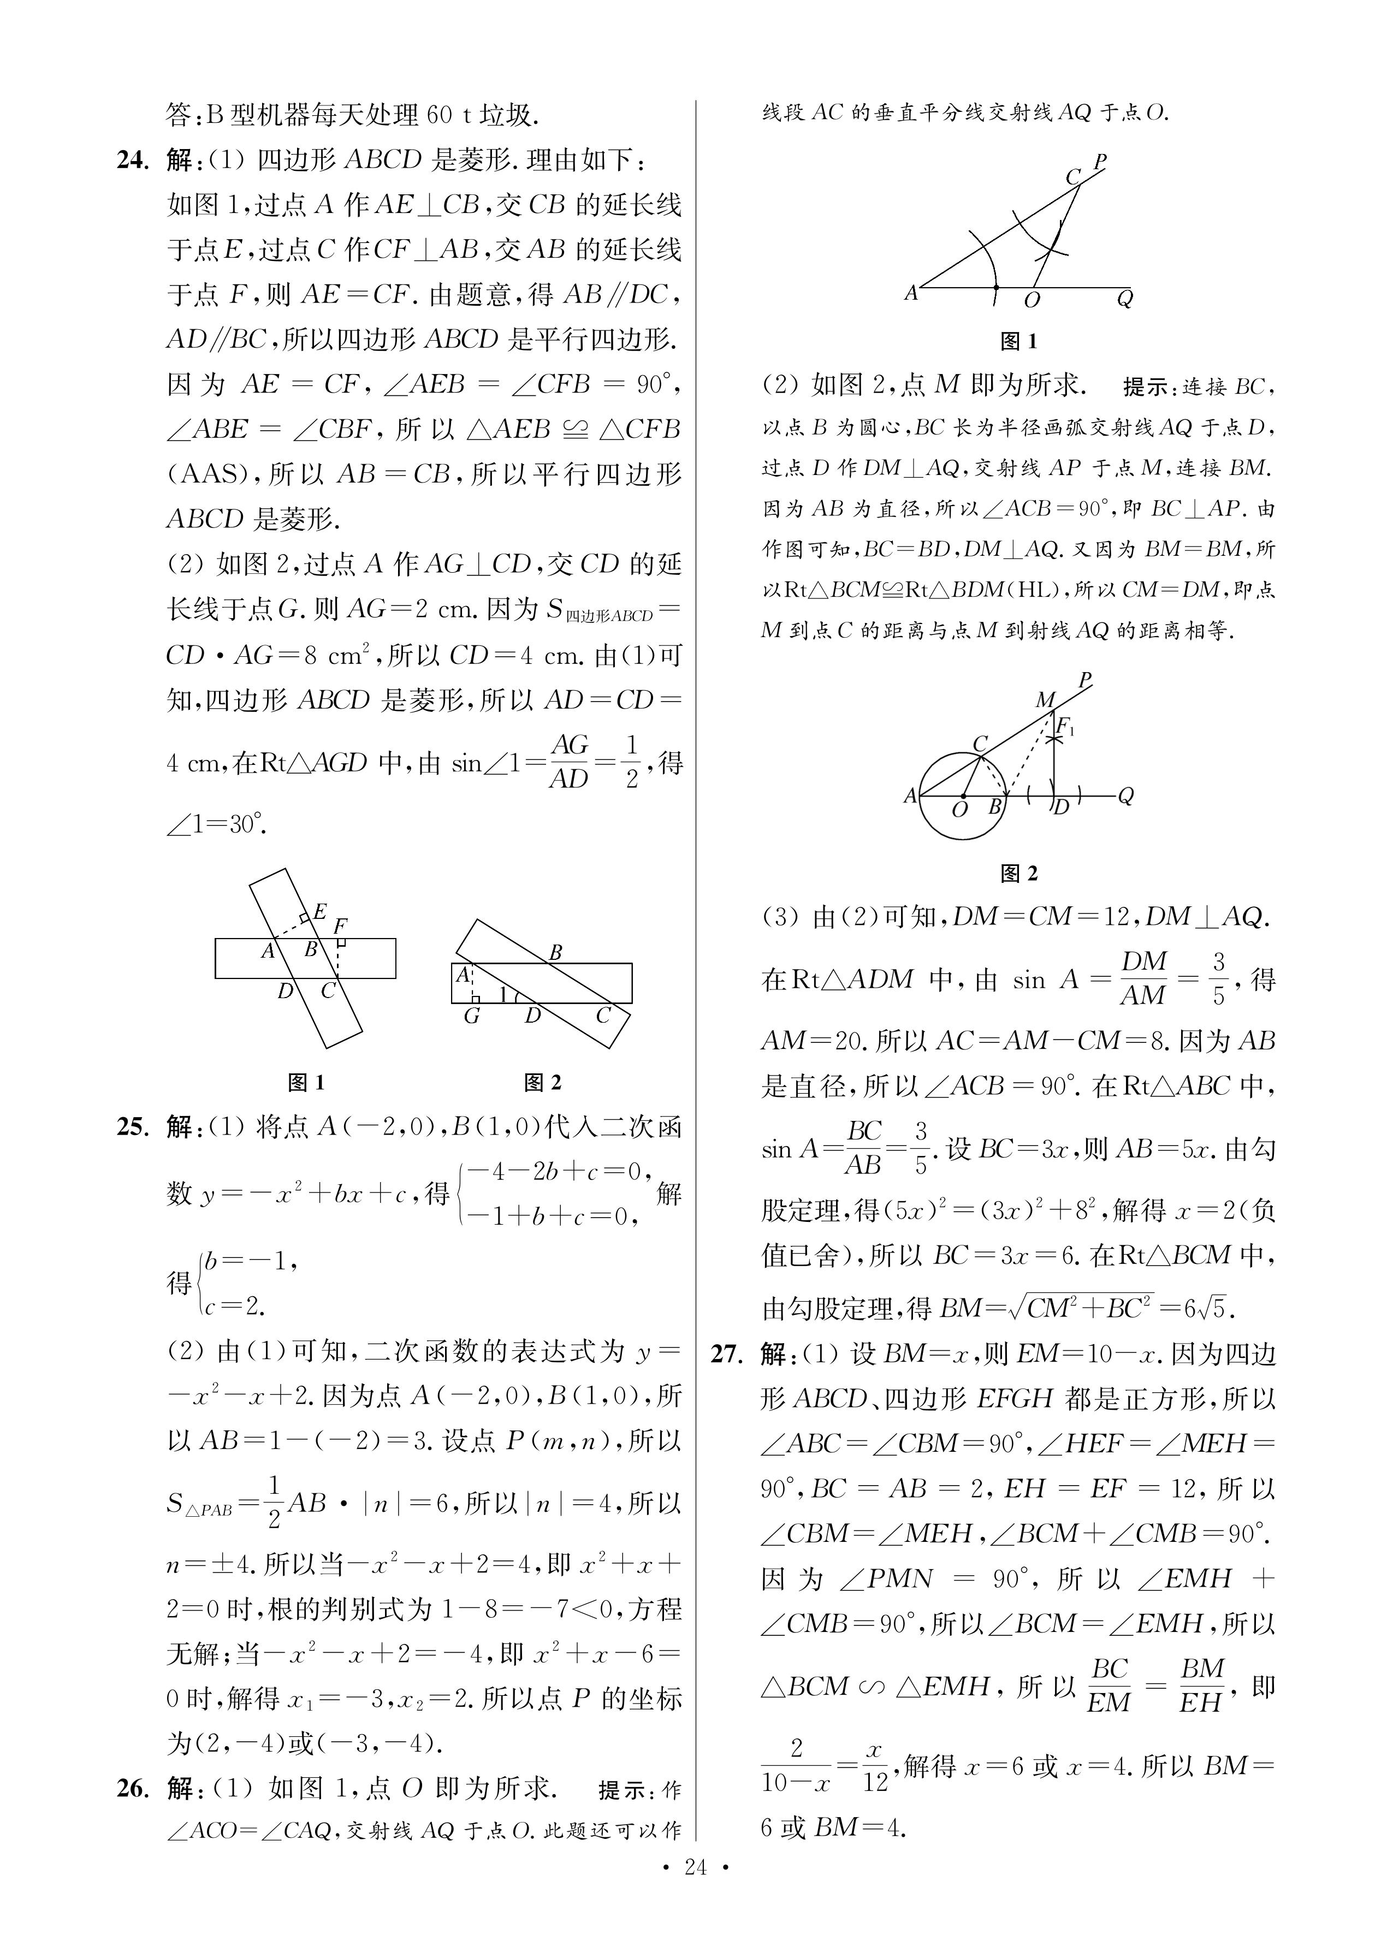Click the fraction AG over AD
[x=570, y=762]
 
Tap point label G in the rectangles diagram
[x=471, y=1017]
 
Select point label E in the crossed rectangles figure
[x=319, y=911]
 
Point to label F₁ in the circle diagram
[x=1066, y=727]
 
